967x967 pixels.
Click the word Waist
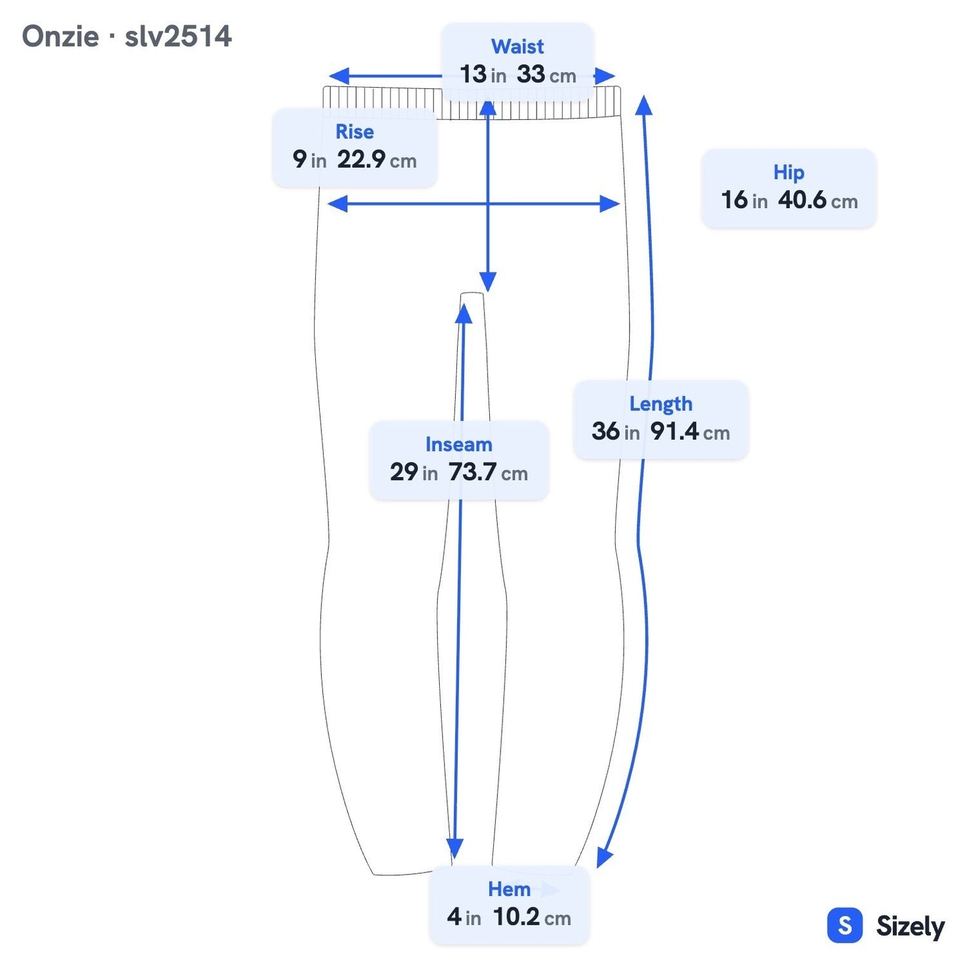pyautogui.click(x=517, y=47)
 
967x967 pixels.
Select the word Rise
pyautogui.click(x=354, y=132)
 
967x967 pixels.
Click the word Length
pyautogui.click(x=661, y=404)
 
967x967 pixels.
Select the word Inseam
pyautogui.click(x=458, y=444)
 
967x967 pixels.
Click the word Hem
pyautogui.click(x=509, y=889)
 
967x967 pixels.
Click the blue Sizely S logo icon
pyautogui.click(x=845, y=925)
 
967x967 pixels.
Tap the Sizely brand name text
pyautogui.click(x=910, y=926)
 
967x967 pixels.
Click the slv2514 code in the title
pyautogui.click(x=178, y=37)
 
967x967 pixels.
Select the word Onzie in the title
pyautogui.click(x=60, y=37)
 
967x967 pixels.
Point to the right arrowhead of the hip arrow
pyautogui.click(x=610, y=203)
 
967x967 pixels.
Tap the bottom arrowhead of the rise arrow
pyautogui.click(x=488, y=282)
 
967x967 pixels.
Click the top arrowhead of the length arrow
pyautogui.click(x=644, y=105)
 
